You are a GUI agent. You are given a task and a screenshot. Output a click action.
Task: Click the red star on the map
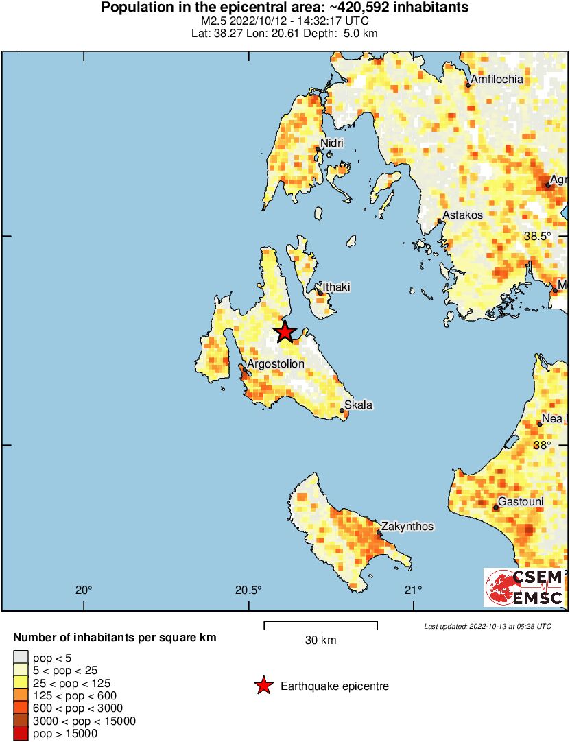click(x=285, y=332)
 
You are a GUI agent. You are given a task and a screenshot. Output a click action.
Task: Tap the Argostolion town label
click(x=275, y=364)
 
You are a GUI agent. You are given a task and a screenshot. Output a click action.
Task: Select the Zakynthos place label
click(x=408, y=527)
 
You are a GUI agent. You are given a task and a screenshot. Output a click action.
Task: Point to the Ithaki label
click(x=336, y=287)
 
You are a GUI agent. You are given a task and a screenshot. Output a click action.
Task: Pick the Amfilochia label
click(x=497, y=80)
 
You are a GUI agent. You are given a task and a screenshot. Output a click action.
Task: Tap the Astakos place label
click(x=462, y=215)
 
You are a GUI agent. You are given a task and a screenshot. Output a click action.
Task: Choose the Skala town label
click(x=358, y=405)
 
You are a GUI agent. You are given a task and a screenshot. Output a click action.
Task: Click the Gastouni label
click(x=521, y=502)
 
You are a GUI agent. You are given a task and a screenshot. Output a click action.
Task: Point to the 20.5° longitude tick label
click(x=248, y=590)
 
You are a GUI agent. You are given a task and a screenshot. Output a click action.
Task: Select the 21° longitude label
click(x=413, y=590)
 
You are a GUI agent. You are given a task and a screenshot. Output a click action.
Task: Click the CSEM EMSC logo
click(x=524, y=587)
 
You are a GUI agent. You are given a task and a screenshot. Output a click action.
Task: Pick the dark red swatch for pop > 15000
click(x=21, y=734)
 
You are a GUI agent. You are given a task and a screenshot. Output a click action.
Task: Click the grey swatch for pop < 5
click(x=21, y=658)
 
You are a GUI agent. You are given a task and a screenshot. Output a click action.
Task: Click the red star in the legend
click(x=263, y=686)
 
